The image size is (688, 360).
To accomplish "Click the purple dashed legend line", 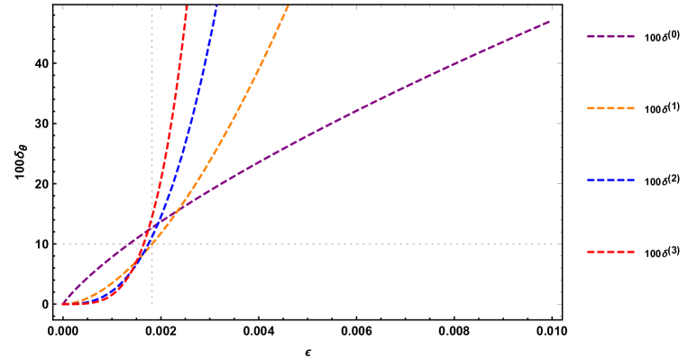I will pos(610,37).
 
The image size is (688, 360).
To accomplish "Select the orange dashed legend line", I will pos(610,108).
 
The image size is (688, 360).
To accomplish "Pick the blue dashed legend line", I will pos(610,180).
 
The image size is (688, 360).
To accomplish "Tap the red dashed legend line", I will pos(610,252).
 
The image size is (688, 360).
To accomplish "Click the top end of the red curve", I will pos(187,6).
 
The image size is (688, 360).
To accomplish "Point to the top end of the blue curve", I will pos(216,6).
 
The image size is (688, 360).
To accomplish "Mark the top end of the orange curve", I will pos(289,6).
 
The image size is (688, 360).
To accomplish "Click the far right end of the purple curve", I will pos(549,21).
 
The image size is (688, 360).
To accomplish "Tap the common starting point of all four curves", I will pos(63,304).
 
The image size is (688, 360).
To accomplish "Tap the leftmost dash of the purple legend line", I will pos(590,37).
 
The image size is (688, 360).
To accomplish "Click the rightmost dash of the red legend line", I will pos(631,252).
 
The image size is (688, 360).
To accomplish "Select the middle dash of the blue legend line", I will pos(610,180).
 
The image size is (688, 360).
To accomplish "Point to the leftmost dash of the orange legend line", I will pos(590,108).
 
